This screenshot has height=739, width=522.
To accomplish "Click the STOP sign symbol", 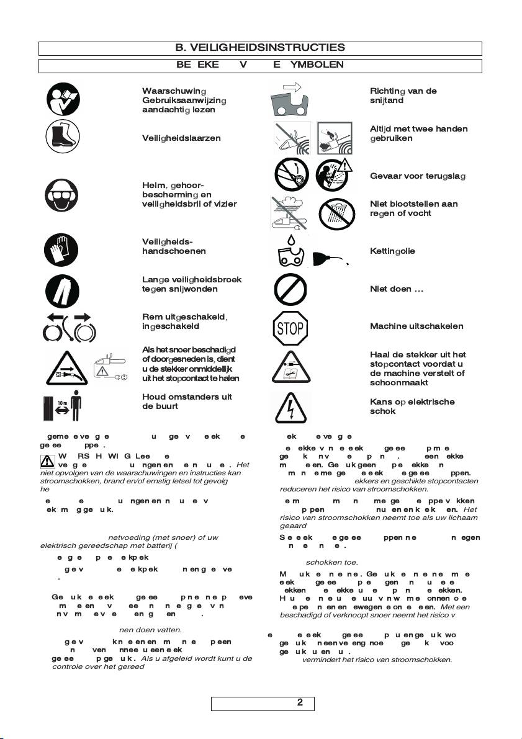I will pos(290,327).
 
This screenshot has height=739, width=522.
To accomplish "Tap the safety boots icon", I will pos(62,138).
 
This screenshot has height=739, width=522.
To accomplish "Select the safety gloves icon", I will pos(62,251).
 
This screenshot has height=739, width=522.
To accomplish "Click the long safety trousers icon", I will pos(62,289).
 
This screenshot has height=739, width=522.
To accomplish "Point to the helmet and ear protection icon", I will pos(62,194).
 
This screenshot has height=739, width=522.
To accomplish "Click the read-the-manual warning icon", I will pos(62,99).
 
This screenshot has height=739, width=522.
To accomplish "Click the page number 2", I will pos(300,703).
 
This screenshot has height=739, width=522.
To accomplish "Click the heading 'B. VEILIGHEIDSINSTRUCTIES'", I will pos(260,48).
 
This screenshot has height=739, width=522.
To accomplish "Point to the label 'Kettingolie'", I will pos(392,251).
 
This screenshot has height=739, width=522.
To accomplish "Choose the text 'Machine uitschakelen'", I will pos(416,326).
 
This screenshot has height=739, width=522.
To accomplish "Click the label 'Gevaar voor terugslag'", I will pos(418,176).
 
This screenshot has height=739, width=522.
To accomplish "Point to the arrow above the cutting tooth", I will pos(291,87).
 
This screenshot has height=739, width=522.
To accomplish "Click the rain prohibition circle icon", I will pos(336,215).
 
